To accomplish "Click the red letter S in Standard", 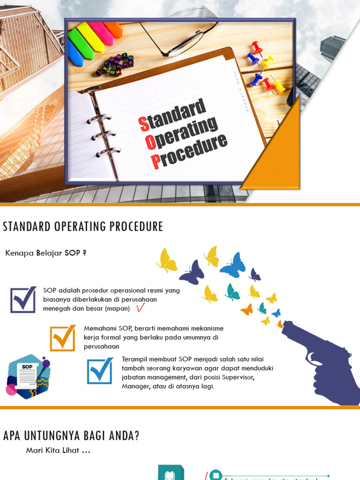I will click(144, 124).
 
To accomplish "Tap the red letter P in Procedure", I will click(156, 162).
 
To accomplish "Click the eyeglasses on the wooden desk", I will click(180, 40).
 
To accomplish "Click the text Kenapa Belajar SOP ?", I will click(46, 253).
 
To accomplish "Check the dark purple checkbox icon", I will click(23, 300).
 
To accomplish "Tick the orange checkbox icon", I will click(63, 337).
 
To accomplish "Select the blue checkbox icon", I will click(100, 371).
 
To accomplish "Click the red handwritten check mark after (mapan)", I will click(140, 308).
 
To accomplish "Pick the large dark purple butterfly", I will click(192, 273).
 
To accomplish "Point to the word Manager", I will click(135, 387).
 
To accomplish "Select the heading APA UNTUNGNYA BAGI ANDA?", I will click(71, 435).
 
